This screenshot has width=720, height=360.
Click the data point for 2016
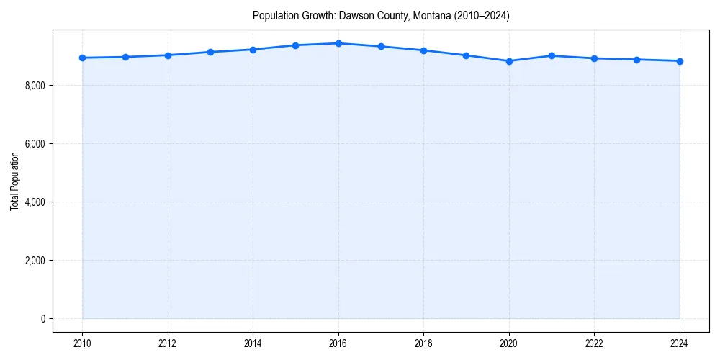[x=338, y=43]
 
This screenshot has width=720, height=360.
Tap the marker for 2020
[x=509, y=61]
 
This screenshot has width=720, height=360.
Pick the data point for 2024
[x=680, y=61]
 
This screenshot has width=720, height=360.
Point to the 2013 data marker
[x=210, y=52]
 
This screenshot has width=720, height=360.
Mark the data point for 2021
[x=552, y=55]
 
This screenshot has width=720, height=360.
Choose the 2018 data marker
[x=423, y=50]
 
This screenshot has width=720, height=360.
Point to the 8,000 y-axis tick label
[x=35, y=86]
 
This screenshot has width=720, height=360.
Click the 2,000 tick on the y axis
[x=35, y=261]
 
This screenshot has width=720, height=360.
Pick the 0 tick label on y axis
[x=42, y=319]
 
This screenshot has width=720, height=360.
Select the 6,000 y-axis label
[x=35, y=144]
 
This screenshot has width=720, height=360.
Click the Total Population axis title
[x=14, y=181]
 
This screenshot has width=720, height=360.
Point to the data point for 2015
[x=295, y=45]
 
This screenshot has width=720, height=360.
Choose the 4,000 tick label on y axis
[x=35, y=202]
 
